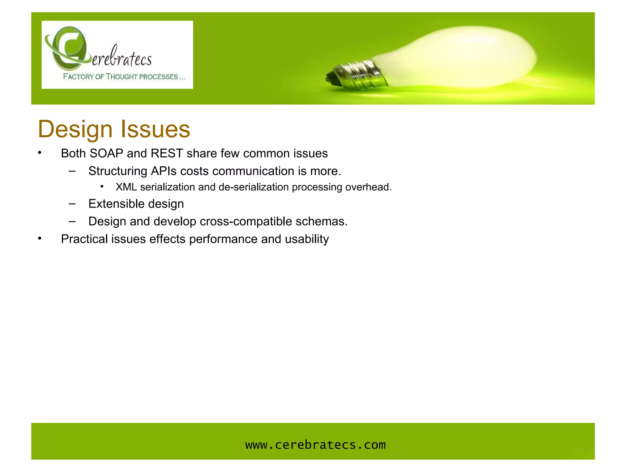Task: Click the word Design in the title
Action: (75, 129)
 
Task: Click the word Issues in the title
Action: (155, 129)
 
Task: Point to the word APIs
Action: (164, 171)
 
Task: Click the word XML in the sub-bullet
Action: (126, 187)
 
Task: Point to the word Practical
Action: (84, 239)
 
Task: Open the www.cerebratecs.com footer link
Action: (315, 445)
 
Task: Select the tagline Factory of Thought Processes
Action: (123, 76)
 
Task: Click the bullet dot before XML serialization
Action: (102, 187)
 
